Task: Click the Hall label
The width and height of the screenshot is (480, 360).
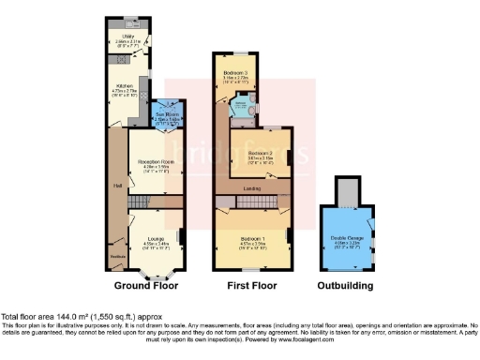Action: [118, 185]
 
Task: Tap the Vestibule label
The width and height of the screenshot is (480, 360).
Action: [119, 256]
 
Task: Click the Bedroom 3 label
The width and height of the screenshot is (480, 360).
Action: [235, 72]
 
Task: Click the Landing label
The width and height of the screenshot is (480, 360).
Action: [252, 188]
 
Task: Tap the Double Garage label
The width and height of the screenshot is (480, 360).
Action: [346, 238]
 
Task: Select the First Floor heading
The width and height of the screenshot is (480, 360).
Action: [251, 285]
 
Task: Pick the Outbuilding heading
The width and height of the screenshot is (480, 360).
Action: [345, 285]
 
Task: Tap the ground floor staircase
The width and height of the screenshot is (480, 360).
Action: [138, 202]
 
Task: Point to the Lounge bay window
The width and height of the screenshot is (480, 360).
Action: [158, 273]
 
